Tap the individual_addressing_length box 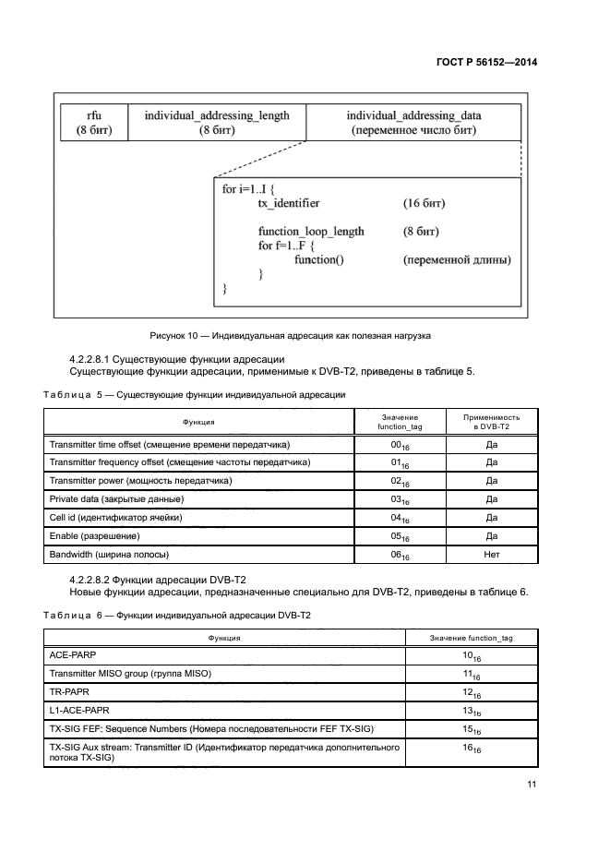click(217, 123)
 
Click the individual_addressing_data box click(413, 123)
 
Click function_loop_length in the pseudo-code click(311, 231)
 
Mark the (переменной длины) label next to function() click(457, 260)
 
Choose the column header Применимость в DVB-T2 click(492, 422)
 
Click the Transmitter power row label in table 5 click(140, 481)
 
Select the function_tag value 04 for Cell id click(399, 519)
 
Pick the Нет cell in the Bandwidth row click(492, 555)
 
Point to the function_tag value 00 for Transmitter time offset click(399, 445)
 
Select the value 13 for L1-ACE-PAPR click(472, 711)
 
